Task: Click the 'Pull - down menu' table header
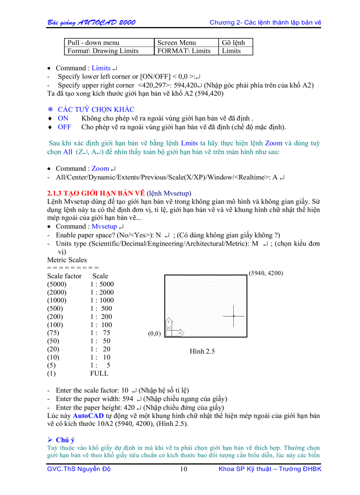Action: (93, 43)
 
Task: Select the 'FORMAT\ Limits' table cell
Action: (184, 51)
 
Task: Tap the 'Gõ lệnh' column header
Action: (233, 43)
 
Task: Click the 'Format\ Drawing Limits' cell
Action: (103, 51)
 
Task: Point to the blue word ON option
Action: (63, 118)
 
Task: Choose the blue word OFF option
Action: (64, 127)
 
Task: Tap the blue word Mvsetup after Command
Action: (105, 227)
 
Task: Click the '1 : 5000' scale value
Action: (101, 284)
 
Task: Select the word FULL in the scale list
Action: (99, 373)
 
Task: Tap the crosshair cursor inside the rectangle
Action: (233, 316)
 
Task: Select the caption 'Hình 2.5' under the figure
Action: (202, 351)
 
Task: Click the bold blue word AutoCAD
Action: (88, 416)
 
